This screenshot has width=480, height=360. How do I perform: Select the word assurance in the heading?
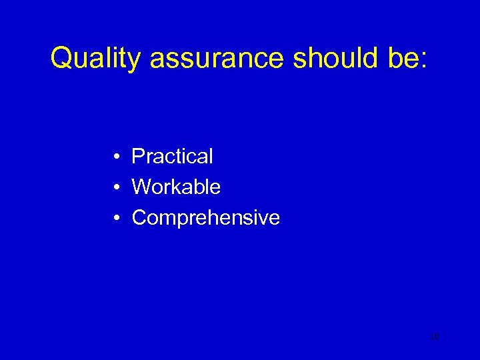pos(217,59)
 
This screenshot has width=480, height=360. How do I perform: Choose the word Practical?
pos(172,157)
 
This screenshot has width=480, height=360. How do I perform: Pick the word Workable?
pos(176,187)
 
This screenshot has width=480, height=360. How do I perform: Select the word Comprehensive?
pos(205,218)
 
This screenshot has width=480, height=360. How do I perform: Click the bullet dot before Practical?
pos(116,157)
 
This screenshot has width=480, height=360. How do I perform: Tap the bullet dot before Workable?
pos(116,188)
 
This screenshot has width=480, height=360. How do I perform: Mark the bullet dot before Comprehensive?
pos(116,219)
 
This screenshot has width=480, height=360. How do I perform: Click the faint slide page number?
pos(435,337)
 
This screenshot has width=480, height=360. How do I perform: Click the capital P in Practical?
pos(138,157)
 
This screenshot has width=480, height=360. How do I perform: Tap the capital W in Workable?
pos(141,187)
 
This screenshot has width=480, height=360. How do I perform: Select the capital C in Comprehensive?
pos(139,218)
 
